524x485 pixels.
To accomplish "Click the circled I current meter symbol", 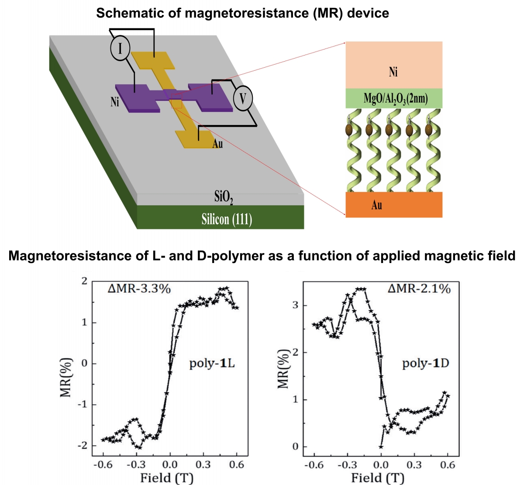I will pyautogui.click(x=120, y=48).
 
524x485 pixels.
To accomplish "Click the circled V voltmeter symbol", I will pyautogui.click(x=243, y=98).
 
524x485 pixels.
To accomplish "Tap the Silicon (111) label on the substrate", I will pyautogui.click(x=227, y=219).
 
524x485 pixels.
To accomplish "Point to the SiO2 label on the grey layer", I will pyautogui.click(x=224, y=198).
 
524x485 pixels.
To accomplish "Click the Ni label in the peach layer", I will pyautogui.click(x=393, y=72).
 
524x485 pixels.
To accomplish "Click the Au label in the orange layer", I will pyautogui.click(x=377, y=204).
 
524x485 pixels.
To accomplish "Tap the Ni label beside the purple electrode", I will pyautogui.click(x=115, y=102).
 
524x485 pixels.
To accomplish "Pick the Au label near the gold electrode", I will pyautogui.click(x=217, y=144).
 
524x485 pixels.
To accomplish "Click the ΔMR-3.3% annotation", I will pyautogui.click(x=139, y=288).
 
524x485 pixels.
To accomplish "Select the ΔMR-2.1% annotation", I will pyautogui.click(x=418, y=288).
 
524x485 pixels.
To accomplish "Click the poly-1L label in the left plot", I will pyautogui.click(x=212, y=364).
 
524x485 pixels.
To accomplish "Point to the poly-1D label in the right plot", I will pyautogui.click(x=425, y=364).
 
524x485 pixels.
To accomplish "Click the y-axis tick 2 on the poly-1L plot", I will pyautogui.click(x=84, y=281).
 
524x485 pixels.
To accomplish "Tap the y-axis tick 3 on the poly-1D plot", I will pyautogui.click(x=296, y=305).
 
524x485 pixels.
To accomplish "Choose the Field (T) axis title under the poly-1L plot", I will pyautogui.click(x=166, y=478).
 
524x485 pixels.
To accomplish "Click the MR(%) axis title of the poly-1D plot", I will pyautogui.click(x=284, y=369).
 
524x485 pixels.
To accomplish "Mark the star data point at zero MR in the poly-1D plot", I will pyautogui.click(x=381, y=447).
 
